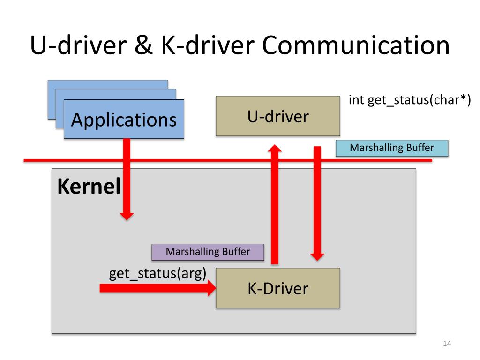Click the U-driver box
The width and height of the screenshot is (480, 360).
(278, 116)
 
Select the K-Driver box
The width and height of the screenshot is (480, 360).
(278, 288)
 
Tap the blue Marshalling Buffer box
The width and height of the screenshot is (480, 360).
(392, 148)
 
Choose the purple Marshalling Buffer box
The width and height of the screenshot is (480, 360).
(208, 252)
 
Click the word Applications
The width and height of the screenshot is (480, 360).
(124, 120)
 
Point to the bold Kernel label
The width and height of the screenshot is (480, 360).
(89, 187)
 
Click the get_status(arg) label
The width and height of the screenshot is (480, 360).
(157, 273)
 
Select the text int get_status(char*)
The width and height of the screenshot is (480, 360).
(409, 101)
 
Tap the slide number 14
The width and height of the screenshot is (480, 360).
(446, 345)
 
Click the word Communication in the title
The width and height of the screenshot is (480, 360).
(355, 47)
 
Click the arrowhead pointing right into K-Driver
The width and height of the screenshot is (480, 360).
(210, 288)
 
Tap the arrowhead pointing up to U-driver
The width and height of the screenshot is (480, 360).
(275, 149)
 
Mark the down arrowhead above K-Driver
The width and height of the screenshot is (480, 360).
(318, 256)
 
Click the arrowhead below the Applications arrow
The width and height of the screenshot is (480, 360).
(127, 216)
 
